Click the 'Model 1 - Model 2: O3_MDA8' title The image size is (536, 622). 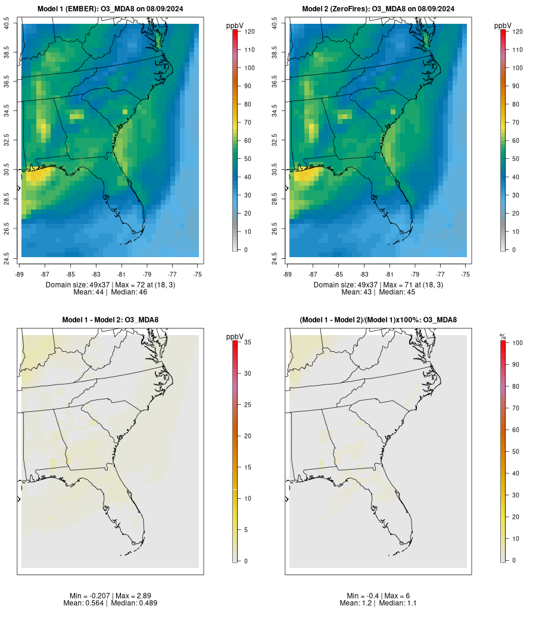[x=110, y=320]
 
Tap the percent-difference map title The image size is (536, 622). [x=378, y=320]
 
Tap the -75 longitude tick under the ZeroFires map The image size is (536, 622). [x=466, y=274]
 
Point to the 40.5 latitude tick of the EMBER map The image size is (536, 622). [x=8, y=24]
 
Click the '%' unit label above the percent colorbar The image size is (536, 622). [x=503, y=337]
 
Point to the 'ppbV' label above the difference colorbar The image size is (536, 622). [x=235, y=337]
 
